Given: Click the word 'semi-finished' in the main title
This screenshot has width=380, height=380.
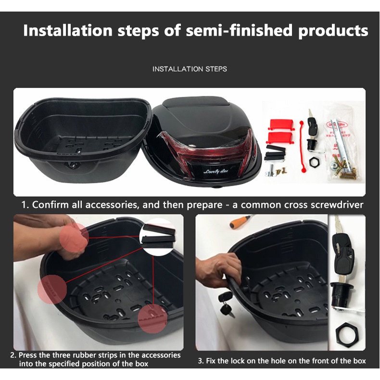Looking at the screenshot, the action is click(239, 31).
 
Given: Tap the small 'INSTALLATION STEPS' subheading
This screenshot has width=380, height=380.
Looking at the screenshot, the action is click(190, 69).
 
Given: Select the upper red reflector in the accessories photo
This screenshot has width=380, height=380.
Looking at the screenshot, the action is click(281, 124).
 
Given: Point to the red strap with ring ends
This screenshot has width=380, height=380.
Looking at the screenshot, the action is click(303, 147).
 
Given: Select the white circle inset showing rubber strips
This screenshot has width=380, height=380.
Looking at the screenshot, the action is click(159, 237).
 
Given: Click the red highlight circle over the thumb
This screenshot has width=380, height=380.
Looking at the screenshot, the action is click(74, 237).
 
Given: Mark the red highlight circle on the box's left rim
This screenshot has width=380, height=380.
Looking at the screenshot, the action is click(52, 289).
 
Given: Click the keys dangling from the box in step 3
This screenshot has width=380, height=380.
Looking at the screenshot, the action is click(227, 304).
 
